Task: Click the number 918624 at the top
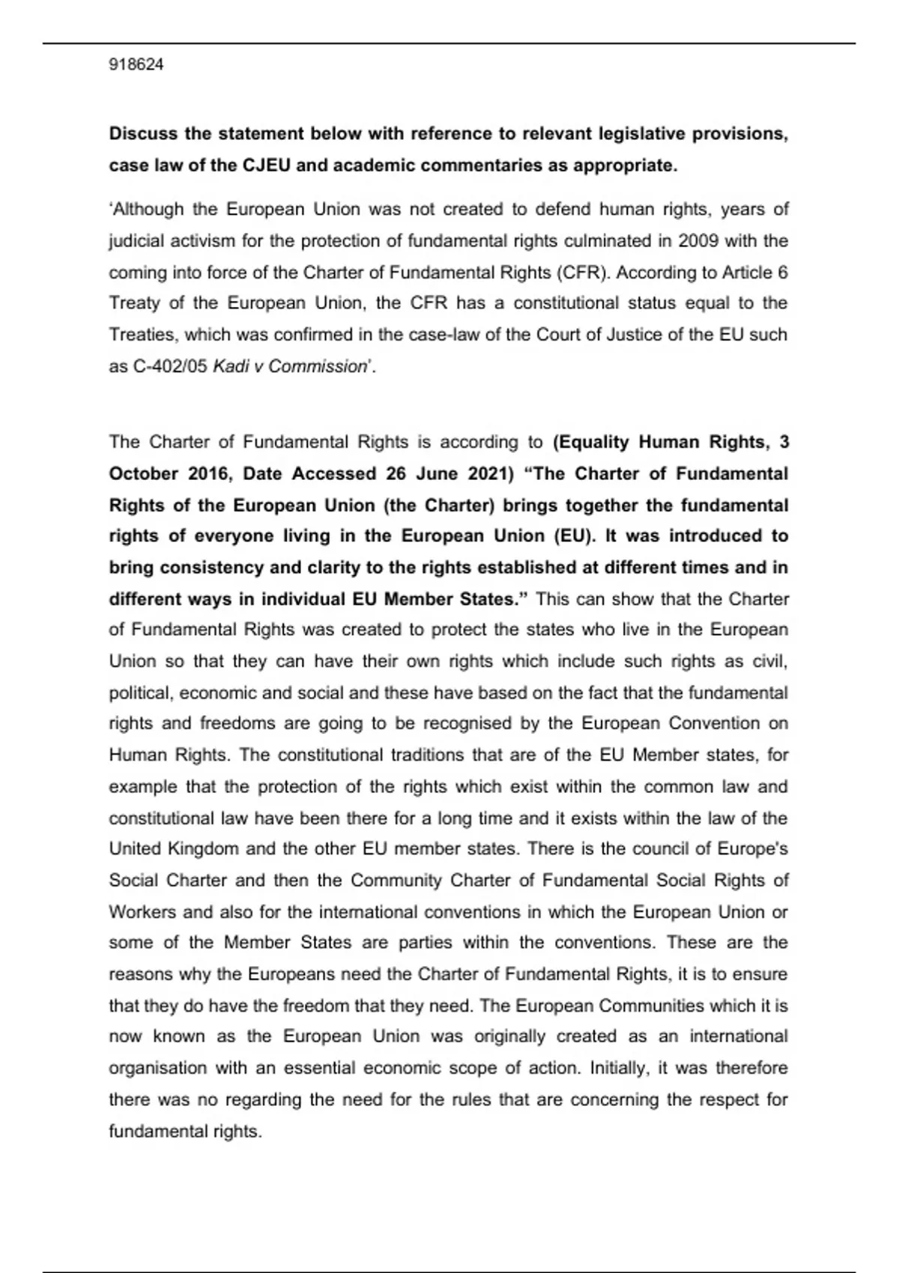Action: [x=136, y=65]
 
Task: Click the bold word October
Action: [x=144, y=474]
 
